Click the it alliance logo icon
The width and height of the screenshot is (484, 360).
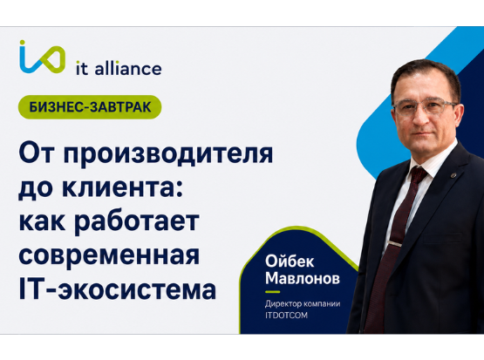coord(42,57)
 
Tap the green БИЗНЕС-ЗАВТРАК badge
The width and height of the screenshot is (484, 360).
coord(90,107)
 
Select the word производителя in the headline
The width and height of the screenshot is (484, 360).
coord(168,154)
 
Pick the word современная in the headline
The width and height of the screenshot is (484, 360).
coord(109,255)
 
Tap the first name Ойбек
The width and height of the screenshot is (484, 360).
coord(290,261)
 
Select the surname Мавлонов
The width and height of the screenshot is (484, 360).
coord(303,278)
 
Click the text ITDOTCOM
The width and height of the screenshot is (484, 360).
coord(286,316)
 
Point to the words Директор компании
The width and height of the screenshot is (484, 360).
coord(303,304)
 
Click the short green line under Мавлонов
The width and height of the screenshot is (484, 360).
coord(273,291)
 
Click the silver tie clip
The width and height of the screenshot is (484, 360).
coord(395,244)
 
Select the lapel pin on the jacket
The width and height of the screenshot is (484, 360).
coord(453,176)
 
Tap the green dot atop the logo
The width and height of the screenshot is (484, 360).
coord(22,42)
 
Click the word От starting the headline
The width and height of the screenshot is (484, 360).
coord(38,153)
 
